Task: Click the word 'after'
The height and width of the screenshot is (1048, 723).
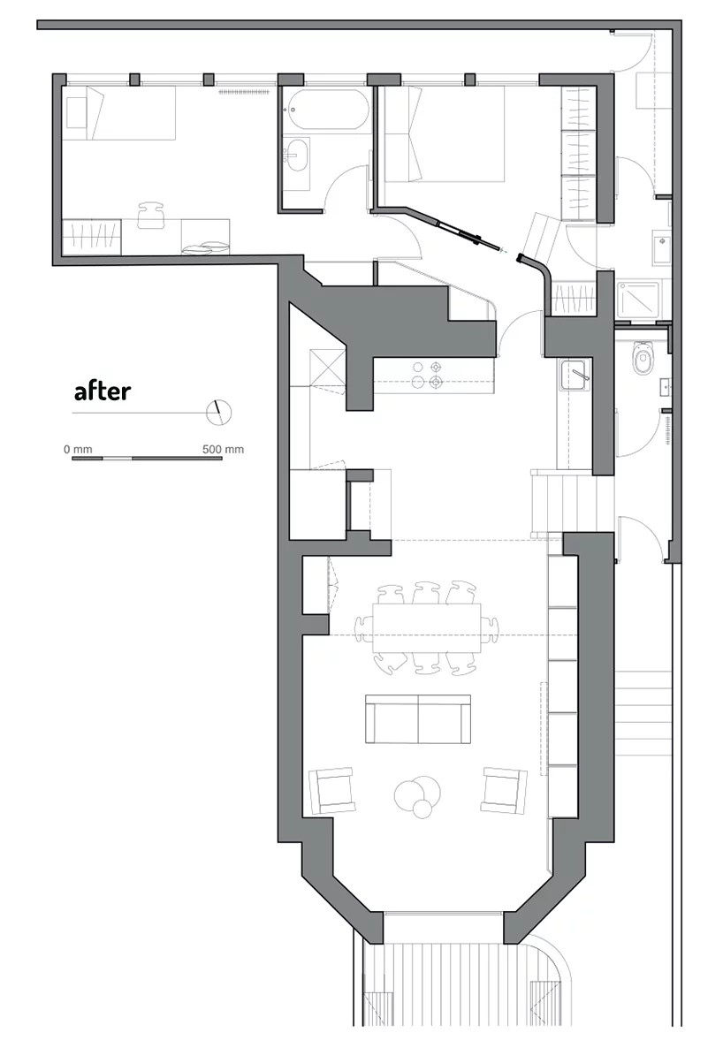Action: tap(103, 391)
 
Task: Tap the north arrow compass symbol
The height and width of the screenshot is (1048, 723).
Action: tap(218, 413)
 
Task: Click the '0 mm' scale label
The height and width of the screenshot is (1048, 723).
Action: tap(78, 449)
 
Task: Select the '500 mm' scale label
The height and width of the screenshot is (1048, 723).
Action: tap(223, 449)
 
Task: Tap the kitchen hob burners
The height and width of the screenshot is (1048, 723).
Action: tap(427, 375)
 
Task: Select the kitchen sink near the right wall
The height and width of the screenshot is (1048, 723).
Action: tap(575, 376)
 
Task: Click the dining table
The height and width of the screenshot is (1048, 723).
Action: tap(427, 628)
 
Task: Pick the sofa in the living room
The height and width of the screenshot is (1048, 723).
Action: tap(418, 718)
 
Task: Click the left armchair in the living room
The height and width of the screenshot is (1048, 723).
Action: tap(332, 790)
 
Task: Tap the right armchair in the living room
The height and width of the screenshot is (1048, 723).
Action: tap(504, 790)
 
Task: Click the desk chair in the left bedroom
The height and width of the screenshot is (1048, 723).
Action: tap(152, 215)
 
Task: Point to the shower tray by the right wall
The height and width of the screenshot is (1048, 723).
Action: tap(638, 299)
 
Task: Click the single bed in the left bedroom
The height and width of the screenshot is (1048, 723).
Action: tap(120, 112)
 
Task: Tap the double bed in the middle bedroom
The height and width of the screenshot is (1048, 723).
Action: tap(442, 133)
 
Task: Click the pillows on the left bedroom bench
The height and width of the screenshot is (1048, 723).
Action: tap(205, 248)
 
